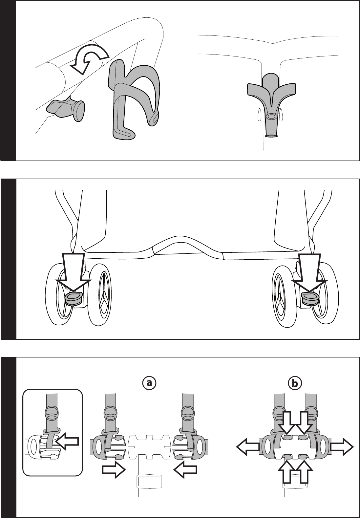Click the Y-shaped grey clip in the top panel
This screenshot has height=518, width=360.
point(271,95)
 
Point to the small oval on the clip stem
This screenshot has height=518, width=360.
point(271,117)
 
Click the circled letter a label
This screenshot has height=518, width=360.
point(150,383)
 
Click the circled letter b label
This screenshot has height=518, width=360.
point(294,383)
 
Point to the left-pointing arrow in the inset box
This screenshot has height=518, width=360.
point(68,442)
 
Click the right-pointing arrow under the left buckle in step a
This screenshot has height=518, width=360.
point(114,470)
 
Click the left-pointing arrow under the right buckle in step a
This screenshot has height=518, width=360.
point(185,470)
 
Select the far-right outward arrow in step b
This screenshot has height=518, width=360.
point(342,447)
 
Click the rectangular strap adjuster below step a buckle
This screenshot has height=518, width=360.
point(150,481)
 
